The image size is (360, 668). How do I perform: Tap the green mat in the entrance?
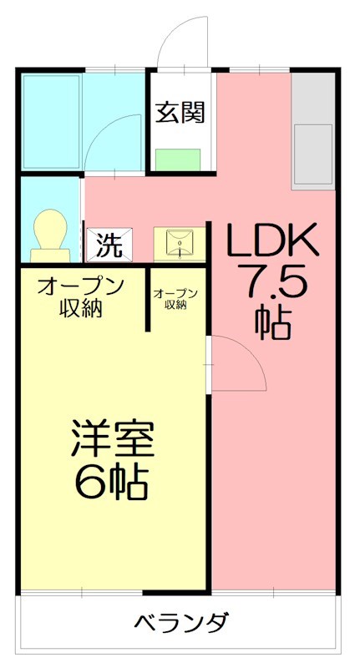click(179, 159)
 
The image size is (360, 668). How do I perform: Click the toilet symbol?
click(49, 234)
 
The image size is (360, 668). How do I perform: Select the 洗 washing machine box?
click(107, 245)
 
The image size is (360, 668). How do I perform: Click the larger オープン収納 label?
click(80, 296)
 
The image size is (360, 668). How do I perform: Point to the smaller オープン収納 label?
click(175, 298)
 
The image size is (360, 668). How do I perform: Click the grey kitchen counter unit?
click(313, 134)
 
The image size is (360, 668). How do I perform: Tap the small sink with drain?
click(180, 243)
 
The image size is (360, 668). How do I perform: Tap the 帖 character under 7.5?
click(274, 322)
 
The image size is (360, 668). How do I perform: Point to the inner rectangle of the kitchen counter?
click(313, 154)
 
